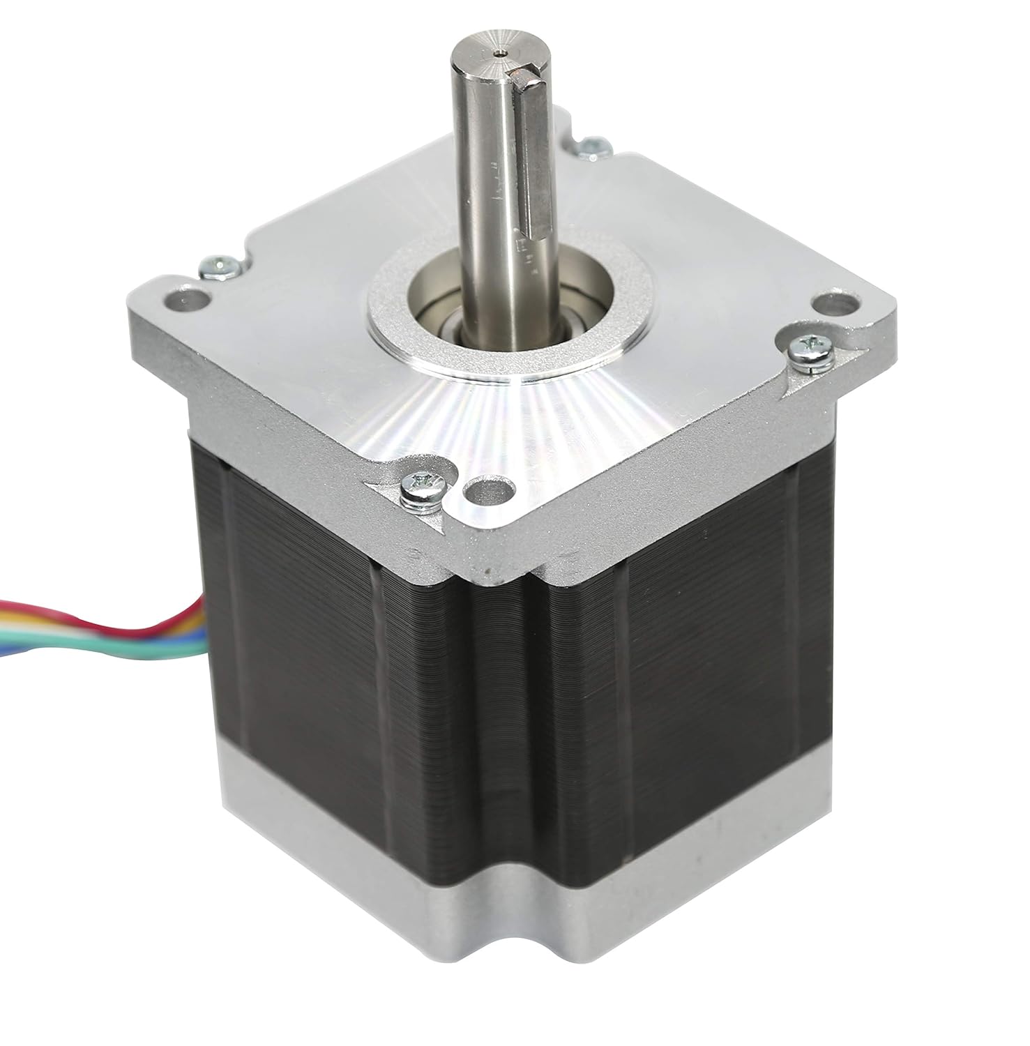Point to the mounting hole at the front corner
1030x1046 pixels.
(485, 490)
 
